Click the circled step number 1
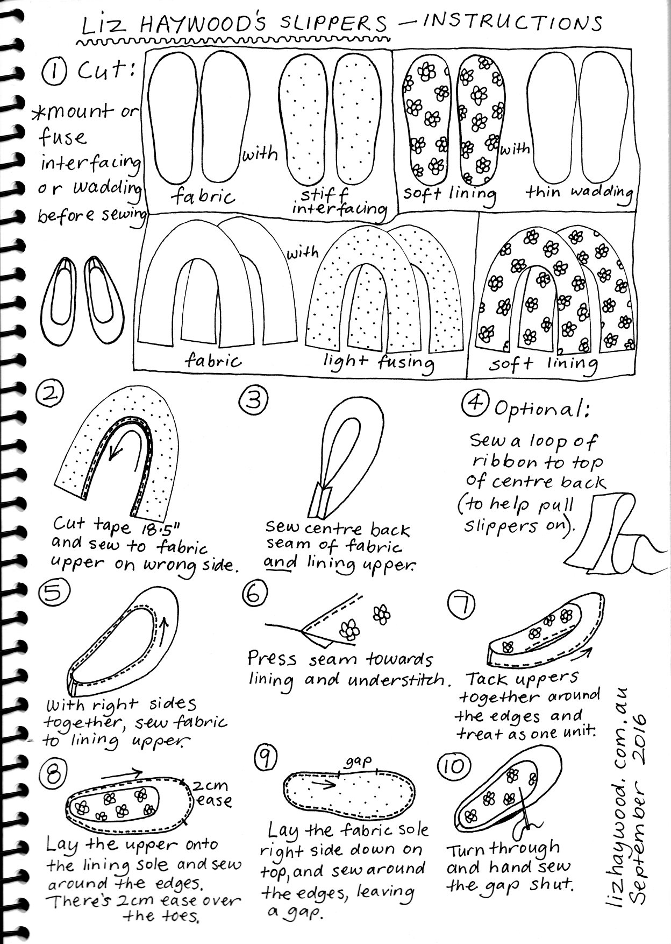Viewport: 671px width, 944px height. tap(55, 71)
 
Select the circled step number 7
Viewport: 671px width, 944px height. tap(461, 606)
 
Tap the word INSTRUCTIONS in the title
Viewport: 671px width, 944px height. tap(512, 22)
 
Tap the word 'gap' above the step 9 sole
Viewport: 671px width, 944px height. tap(359, 762)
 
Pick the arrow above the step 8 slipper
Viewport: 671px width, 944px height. tap(122, 774)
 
